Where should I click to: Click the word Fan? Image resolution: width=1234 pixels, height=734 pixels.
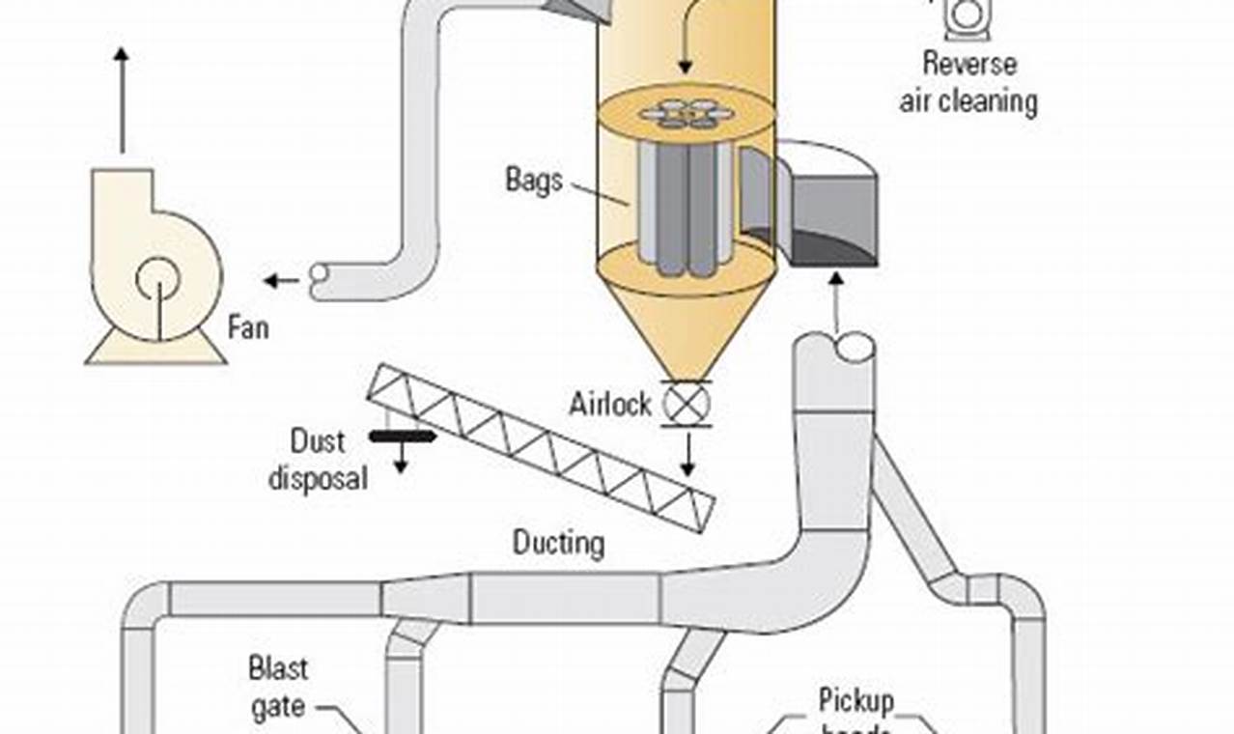(x=248, y=327)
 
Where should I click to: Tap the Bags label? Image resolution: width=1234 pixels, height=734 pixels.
(x=533, y=180)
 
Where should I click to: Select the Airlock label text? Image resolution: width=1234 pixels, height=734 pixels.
(x=610, y=403)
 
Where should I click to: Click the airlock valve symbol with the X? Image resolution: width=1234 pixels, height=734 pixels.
(x=686, y=403)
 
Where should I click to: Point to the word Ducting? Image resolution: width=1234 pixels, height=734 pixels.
(x=558, y=543)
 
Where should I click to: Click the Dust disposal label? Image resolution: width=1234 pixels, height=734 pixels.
(x=318, y=459)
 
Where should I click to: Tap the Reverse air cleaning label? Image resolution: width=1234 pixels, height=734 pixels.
(x=968, y=83)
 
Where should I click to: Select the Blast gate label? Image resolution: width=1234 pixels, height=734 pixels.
(x=278, y=687)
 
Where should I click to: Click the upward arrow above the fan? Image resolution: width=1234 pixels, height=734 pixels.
(x=122, y=97)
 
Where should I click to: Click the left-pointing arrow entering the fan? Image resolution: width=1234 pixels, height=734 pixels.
(x=282, y=281)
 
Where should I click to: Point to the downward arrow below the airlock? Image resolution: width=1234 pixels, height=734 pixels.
(x=687, y=454)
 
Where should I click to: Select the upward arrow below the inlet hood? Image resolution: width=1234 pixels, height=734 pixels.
(x=836, y=300)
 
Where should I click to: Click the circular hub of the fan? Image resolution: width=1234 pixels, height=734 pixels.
(x=157, y=281)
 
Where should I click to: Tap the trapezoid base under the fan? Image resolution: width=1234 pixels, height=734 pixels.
(x=155, y=350)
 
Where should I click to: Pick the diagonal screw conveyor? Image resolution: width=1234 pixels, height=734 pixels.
(x=541, y=446)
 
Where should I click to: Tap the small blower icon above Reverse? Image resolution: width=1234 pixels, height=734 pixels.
(x=967, y=18)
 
